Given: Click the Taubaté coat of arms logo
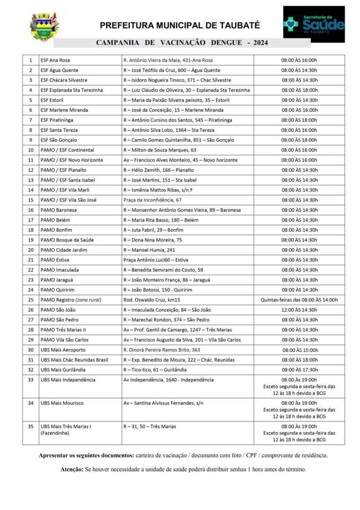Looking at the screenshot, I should click(x=45, y=27).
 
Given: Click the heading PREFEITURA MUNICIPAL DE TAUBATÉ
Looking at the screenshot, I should click(x=180, y=25).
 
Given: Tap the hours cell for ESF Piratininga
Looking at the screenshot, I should click(x=299, y=120).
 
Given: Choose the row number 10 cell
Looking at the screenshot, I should click(x=31, y=150).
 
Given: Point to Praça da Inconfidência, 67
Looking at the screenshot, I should click(x=152, y=200).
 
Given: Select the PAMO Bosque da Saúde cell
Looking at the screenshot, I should click(x=67, y=240).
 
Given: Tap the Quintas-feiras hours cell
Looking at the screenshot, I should click(x=299, y=300).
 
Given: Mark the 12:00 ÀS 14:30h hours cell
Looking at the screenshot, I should click(x=299, y=310).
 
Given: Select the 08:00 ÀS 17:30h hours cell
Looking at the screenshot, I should click(x=299, y=370).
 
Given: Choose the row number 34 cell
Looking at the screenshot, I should click(x=31, y=403).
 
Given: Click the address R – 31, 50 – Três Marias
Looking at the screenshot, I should click(x=150, y=426).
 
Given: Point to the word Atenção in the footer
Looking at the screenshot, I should click(x=72, y=469).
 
